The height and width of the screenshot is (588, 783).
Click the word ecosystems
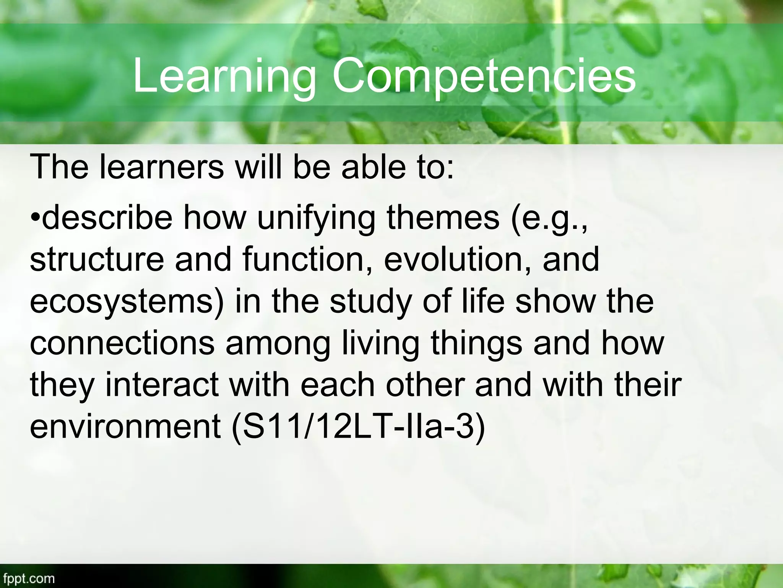pyautogui.click(x=127, y=302)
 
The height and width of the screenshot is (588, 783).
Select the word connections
pyautogui.click(x=122, y=343)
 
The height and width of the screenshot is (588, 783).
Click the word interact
pyautogui.click(x=162, y=384)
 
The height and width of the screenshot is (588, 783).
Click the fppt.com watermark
pyautogui.click(x=28, y=578)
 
